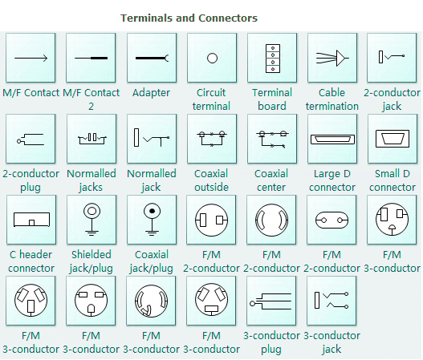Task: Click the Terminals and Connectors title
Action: point(189,17)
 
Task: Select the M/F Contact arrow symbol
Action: point(31,58)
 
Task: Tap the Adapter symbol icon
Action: point(152,58)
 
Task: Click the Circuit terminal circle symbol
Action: point(212,58)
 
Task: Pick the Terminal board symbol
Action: point(272,58)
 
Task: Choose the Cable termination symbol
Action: point(332,58)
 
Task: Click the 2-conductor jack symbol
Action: point(392,58)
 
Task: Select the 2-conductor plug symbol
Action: point(31,138)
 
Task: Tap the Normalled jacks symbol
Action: point(92,138)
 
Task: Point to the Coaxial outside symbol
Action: point(212,138)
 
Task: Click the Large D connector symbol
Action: point(332,138)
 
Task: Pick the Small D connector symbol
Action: point(392,138)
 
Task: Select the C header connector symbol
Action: point(31,219)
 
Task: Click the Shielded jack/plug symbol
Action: point(92,219)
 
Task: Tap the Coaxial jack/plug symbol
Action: point(152,219)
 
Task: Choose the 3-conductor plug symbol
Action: point(272,301)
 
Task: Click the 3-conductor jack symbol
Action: point(332,301)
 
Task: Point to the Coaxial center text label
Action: point(271,180)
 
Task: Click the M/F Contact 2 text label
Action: point(91,99)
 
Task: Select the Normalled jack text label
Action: point(151,180)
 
